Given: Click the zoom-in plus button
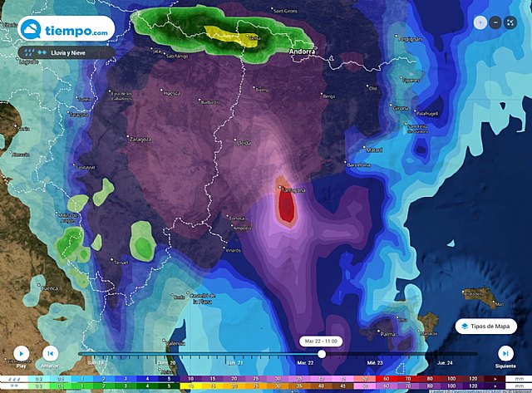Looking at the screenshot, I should coord(480,22).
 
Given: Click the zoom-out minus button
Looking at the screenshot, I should coord(495,22).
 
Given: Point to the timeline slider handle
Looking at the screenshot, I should coord(322,354).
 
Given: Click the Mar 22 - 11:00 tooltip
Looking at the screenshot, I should coord(322,341).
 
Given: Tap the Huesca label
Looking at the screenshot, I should coord(173,94).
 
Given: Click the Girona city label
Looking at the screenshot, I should coord(401,108).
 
